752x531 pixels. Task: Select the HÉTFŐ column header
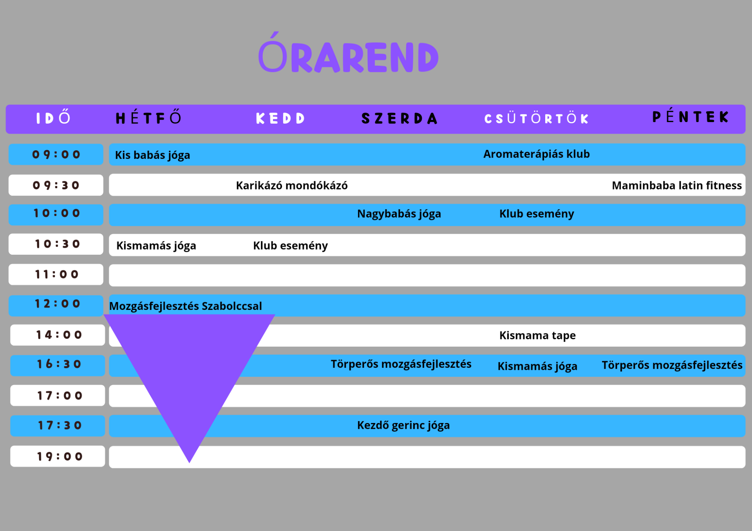tap(149, 118)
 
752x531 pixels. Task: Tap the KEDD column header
tap(280, 118)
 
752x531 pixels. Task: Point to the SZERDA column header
tap(399, 118)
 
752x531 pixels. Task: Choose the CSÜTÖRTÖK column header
tap(536, 118)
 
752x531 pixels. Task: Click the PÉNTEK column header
tap(690, 117)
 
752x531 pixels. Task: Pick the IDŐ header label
tap(53, 118)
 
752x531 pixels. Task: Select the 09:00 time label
tap(56, 155)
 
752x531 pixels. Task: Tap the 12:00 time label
tap(57, 304)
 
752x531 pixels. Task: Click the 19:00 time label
tap(59, 456)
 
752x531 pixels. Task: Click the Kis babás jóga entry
tap(152, 155)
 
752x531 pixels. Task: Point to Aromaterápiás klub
tap(536, 154)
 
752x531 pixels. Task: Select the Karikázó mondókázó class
tap(292, 185)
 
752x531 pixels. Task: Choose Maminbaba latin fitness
tap(676, 185)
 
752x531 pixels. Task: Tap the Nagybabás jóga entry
tap(399, 214)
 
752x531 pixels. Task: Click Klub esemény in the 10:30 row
tap(290, 246)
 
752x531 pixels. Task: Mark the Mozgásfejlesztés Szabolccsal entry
tap(185, 306)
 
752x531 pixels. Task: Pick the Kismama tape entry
tap(537, 335)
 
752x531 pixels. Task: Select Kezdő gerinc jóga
tap(403, 425)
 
